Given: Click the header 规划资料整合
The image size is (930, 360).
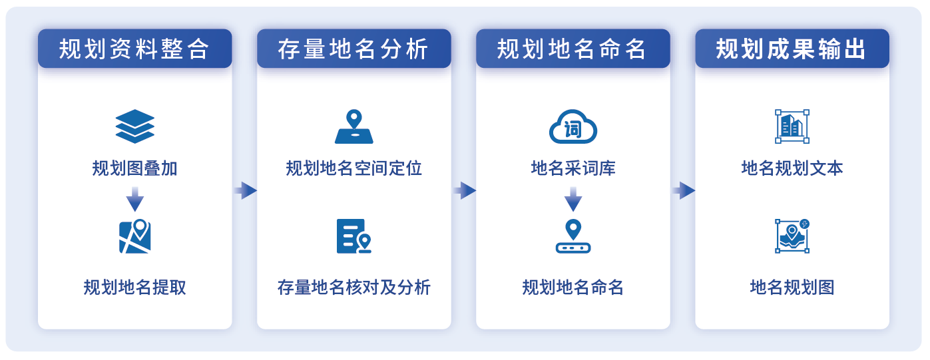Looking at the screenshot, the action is pos(134,49).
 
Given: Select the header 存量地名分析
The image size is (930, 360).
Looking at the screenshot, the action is pos(353,49).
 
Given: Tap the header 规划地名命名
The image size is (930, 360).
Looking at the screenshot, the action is pos(573,49).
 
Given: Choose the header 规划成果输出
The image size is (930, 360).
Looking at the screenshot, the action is pos(792,49).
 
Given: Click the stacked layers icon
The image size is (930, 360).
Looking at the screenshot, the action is pos(135,126).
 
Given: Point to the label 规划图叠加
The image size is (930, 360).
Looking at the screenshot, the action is pos(135,168).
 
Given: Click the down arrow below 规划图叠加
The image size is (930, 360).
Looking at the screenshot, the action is pos(135,200).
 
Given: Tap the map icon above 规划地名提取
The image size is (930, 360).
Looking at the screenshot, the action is pos(135,236).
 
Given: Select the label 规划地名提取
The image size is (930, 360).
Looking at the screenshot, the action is pos(135,287).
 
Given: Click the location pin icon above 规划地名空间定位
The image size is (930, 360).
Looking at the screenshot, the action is pos(354,126).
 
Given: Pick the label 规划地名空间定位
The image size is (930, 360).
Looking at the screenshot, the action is pos(354,168).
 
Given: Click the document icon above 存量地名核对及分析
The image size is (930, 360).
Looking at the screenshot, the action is pos(354,236).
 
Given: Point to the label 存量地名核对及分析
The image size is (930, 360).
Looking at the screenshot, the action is pos(354,287).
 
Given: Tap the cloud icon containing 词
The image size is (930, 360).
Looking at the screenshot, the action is pos(573,126).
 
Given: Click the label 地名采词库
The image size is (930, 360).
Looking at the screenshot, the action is pos(573,168).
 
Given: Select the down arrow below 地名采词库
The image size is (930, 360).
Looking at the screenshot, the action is pos(573,200).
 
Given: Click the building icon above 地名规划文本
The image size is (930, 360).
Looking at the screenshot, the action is pos(792,126).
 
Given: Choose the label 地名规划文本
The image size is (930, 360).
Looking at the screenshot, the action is pos(792,168).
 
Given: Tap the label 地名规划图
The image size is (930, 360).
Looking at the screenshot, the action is pos(792,287).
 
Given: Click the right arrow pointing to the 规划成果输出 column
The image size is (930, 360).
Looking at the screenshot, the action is pos(684,190).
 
